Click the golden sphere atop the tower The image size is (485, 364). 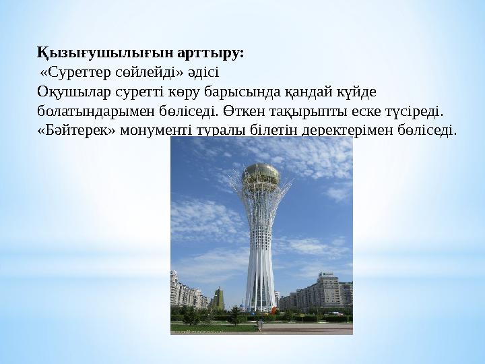click(x=261, y=177)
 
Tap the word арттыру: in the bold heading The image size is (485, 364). click(x=211, y=54)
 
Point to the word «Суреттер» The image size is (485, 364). click(x=76, y=73)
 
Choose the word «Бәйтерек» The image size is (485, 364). click(x=76, y=131)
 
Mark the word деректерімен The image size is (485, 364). click(x=348, y=131)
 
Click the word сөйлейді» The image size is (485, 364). click(x=150, y=73)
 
